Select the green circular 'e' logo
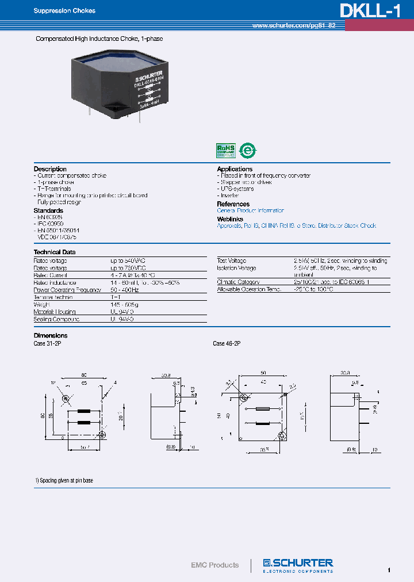pyautogui.click(x=248, y=150)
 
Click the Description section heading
pyautogui.click(x=50, y=169)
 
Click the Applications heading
pyautogui.click(x=235, y=169)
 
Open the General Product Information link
pyautogui.click(x=250, y=211)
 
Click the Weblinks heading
pyautogui.click(x=230, y=219)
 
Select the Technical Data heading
pyautogui.click(x=55, y=252)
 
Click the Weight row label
pyautogui.click(x=43, y=304)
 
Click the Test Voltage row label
pyautogui.click(x=231, y=261)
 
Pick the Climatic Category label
pyautogui.click(x=238, y=282)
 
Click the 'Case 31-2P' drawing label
pyautogui.click(x=48, y=343)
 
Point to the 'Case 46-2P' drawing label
pyautogui.click(x=227, y=343)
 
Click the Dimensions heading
pyautogui.click(x=51, y=335)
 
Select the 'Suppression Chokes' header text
pyautogui.click(x=64, y=11)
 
